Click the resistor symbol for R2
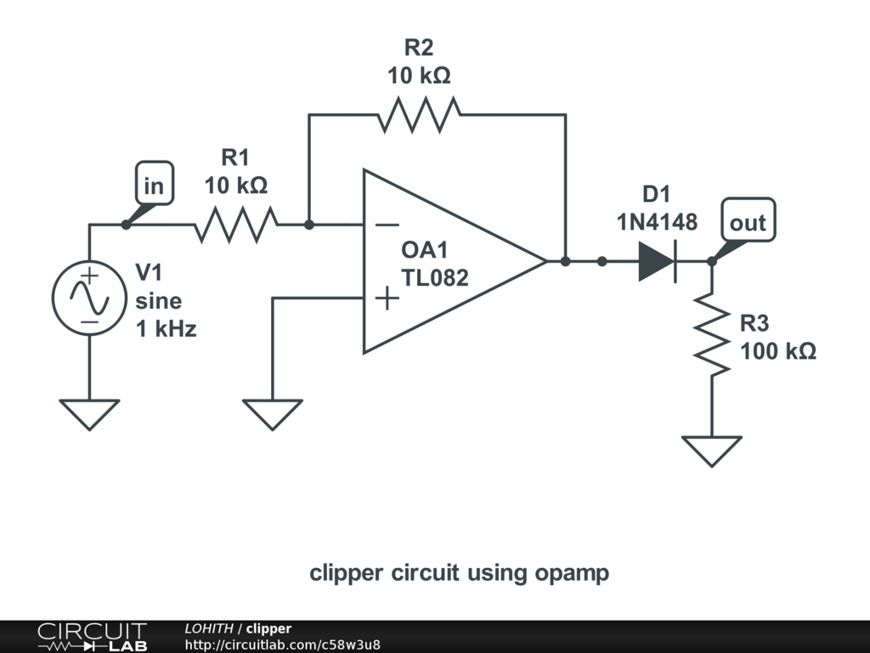(x=419, y=115)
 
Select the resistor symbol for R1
(x=236, y=224)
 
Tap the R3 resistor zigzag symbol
(x=712, y=334)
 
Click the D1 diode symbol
(x=658, y=261)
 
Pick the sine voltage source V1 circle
(x=89, y=298)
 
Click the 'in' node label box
(x=155, y=184)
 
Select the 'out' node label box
(x=748, y=220)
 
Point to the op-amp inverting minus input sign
(x=387, y=224)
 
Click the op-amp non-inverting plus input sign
(x=387, y=298)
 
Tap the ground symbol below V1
(x=89, y=414)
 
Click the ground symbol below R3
(x=712, y=451)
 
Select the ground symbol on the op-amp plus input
(x=273, y=414)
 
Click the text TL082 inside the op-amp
(x=435, y=278)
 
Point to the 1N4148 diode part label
(x=657, y=222)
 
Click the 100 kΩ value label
(x=778, y=351)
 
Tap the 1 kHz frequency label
(x=167, y=329)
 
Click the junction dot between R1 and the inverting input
(x=309, y=224)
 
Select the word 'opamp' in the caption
(x=572, y=574)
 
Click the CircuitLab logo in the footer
(x=93, y=637)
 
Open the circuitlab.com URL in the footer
(x=282, y=644)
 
